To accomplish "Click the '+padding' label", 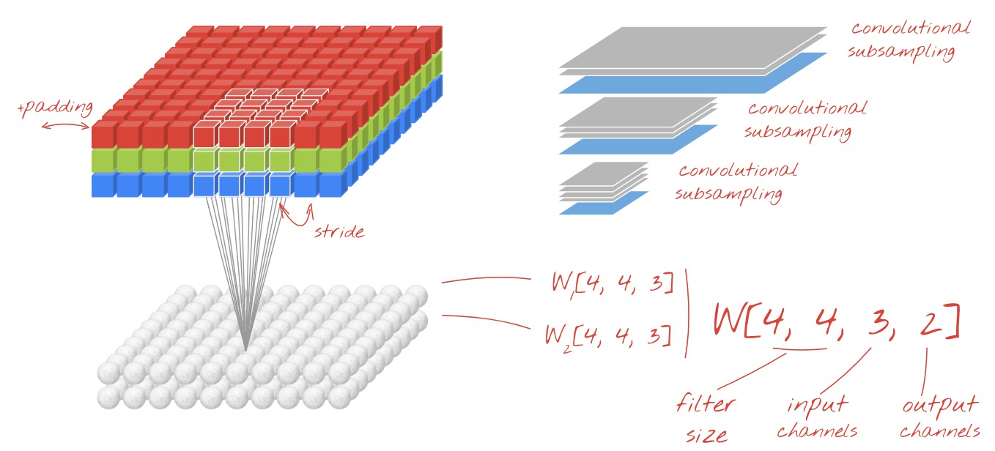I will click(x=56, y=109).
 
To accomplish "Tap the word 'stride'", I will click(x=339, y=232).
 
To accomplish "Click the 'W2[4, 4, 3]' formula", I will click(x=607, y=335).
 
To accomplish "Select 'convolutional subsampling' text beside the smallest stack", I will click(x=736, y=182).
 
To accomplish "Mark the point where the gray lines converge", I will click(x=246, y=349).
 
